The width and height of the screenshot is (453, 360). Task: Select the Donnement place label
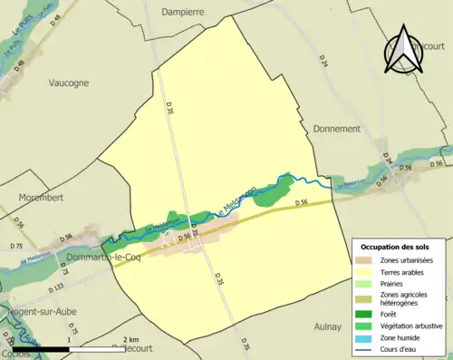tap(336, 129)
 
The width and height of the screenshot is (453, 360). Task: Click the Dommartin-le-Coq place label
tap(101, 258)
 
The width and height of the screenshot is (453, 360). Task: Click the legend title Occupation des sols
tap(396, 247)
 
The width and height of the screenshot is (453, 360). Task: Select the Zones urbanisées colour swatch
tap(367, 260)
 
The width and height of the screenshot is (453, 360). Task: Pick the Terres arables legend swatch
tap(367, 272)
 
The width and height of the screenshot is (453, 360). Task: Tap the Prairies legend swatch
tap(367, 283)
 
